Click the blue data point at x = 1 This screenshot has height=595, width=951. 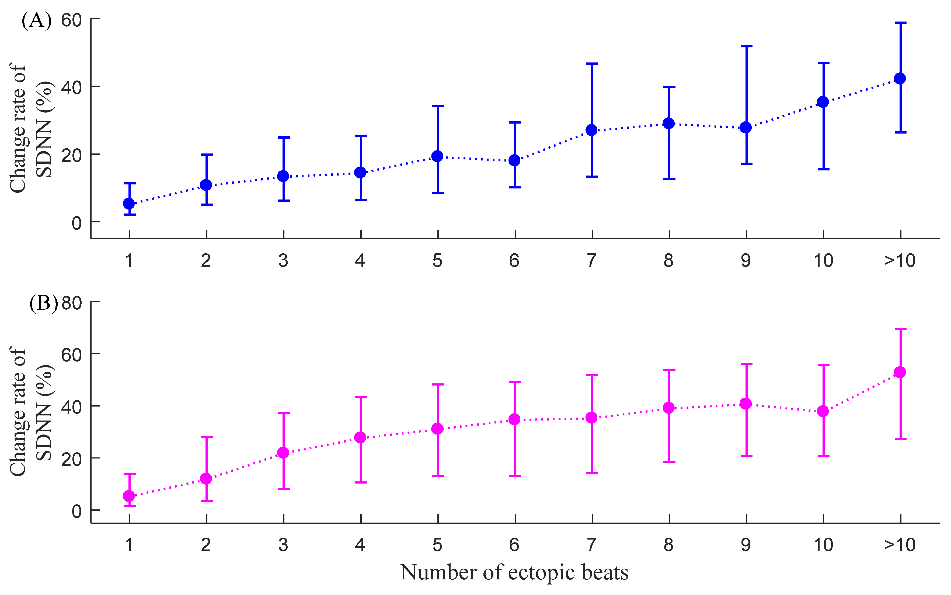(129, 204)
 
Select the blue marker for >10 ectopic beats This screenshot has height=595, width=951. (900, 78)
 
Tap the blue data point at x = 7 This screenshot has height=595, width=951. (592, 130)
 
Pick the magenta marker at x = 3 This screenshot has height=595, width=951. (283, 453)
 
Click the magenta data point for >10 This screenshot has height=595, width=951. (900, 372)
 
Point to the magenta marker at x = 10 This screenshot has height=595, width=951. (823, 411)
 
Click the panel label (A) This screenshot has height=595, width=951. (36, 20)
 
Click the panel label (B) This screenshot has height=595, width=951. (43, 303)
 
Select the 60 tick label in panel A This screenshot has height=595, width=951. (71, 20)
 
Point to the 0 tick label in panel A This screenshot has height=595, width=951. (76, 223)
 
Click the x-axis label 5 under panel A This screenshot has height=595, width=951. (437, 261)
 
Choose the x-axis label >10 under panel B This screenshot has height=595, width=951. (900, 545)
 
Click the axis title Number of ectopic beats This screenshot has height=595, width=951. (514, 573)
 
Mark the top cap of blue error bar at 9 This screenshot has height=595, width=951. (746, 46)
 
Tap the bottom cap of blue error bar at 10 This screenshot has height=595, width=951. (823, 169)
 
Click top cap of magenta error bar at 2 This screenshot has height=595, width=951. (206, 437)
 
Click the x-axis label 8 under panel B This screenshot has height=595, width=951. (668, 545)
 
